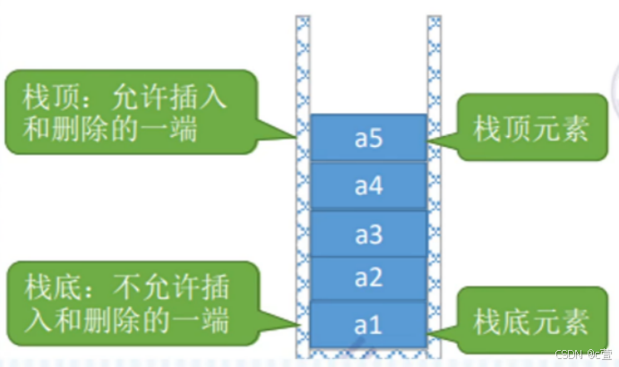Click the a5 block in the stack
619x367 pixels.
click(368, 139)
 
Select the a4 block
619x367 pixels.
click(368, 186)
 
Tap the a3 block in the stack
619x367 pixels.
click(368, 235)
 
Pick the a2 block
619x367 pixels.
click(368, 278)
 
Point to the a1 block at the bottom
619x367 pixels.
click(368, 324)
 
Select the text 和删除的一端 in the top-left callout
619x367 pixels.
click(111, 128)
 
